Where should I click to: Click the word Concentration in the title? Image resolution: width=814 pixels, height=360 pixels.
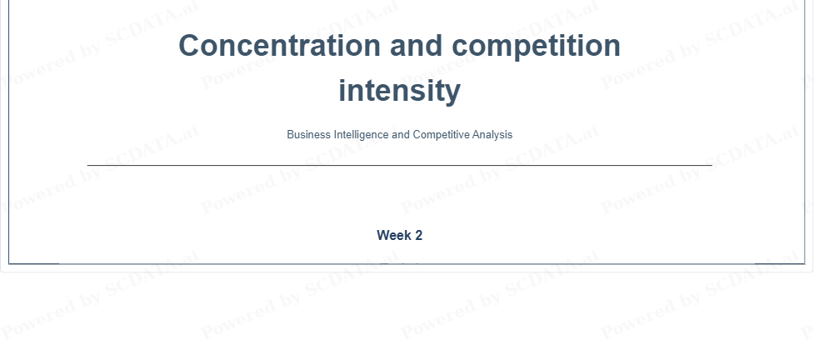pyautogui.click(x=280, y=45)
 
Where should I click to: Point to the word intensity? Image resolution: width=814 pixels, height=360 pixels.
pyautogui.click(x=400, y=92)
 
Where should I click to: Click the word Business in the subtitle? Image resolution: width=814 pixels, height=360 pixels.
pyautogui.click(x=309, y=134)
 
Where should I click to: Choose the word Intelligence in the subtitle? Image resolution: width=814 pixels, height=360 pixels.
pyautogui.click(x=362, y=135)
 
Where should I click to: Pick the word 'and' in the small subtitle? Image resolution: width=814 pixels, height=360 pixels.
pyautogui.click(x=401, y=134)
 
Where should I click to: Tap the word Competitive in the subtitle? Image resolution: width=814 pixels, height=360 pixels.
pyautogui.click(x=442, y=135)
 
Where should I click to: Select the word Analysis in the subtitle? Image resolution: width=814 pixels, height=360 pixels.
pyautogui.click(x=492, y=135)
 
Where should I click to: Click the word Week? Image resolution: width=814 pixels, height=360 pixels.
pyautogui.click(x=394, y=235)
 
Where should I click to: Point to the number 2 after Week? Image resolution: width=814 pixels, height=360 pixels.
pyautogui.click(x=418, y=235)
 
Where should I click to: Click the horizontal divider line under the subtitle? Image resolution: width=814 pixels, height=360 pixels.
pyautogui.click(x=400, y=165)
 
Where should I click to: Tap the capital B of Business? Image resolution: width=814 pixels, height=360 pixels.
pyautogui.click(x=291, y=134)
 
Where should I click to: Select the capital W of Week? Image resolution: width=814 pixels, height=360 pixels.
pyautogui.click(x=383, y=235)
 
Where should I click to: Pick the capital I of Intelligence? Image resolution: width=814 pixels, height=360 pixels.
pyautogui.click(x=336, y=134)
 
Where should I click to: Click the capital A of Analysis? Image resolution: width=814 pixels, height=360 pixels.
pyautogui.click(x=477, y=134)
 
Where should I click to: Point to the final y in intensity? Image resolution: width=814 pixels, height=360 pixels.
pyautogui.click(x=453, y=94)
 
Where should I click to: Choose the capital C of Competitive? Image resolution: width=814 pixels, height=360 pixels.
pyautogui.click(x=417, y=134)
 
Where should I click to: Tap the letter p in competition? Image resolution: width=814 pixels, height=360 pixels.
pyautogui.click(x=520, y=50)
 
